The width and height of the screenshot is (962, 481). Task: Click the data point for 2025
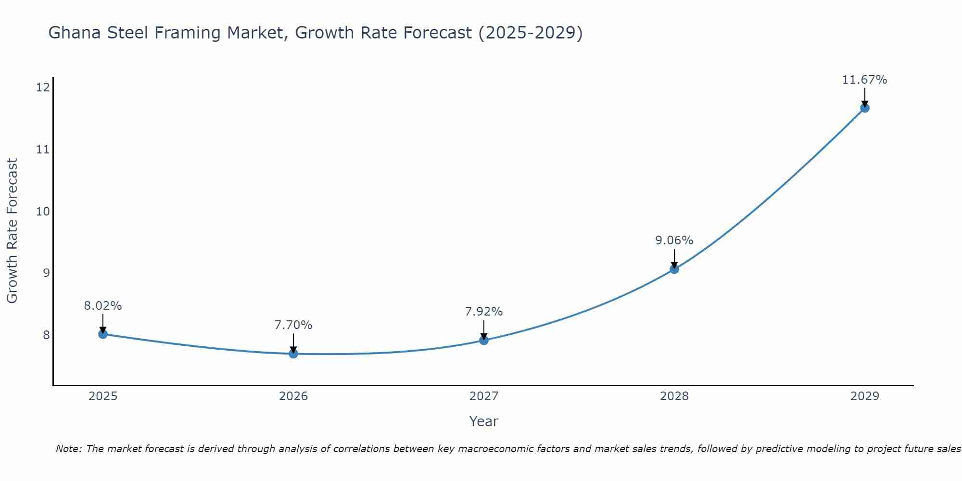(x=103, y=334)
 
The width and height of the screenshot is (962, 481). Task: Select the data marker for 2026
(x=293, y=354)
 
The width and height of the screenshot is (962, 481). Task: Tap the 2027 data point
(x=484, y=340)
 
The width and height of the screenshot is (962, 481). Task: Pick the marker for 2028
(x=674, y=269)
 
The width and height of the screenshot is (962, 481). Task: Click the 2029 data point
(x=864, y=108)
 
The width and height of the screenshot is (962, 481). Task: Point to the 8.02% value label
(x=103, y=306)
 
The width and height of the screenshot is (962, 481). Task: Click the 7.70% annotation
(x=293, y=325)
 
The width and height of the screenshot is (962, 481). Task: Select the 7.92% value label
(x=484, y=312)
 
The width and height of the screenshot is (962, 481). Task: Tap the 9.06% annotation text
(x=674, y=240)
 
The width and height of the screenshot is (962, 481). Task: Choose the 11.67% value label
(x=864, y=80)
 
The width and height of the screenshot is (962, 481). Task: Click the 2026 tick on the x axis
(x=293, y=396)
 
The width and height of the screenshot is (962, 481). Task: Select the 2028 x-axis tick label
(x=674, y=396)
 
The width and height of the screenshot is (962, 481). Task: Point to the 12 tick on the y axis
(x=43, y=87)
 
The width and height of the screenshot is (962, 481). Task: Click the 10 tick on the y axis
(x=43, y=211)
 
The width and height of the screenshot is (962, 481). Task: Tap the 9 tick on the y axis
(x=46, y=273)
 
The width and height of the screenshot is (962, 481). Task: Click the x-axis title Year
(x=483, y=421)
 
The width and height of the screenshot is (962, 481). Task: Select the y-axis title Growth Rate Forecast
(x=12, y=231)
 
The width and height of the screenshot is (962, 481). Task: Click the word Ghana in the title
(x=72, y=33)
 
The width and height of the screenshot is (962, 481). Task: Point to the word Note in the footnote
(x=69, y=449)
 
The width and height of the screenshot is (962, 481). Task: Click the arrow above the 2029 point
(x=864, y=97)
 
